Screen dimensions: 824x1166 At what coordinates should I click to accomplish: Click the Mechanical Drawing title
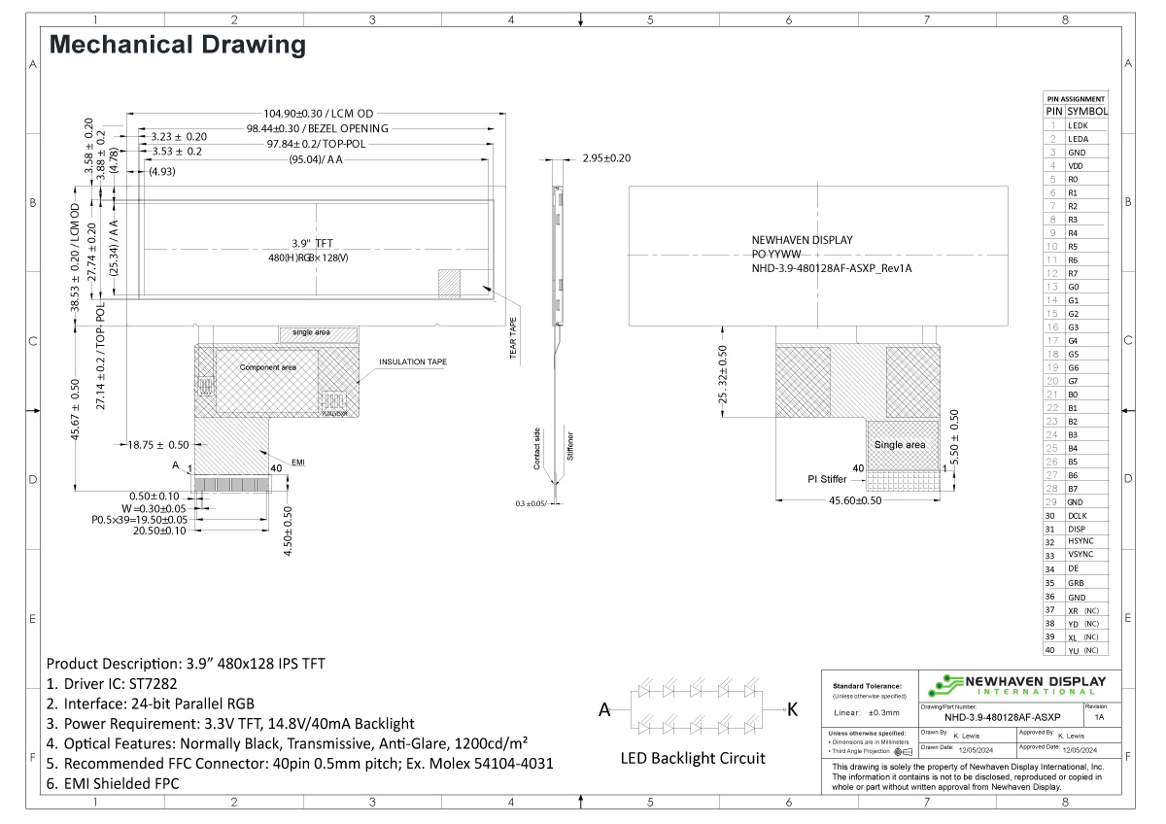pos(178,45)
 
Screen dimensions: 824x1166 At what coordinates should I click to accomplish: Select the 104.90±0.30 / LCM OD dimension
pos(319,113)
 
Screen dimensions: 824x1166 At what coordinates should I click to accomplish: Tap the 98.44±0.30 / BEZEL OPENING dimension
pos(317,128)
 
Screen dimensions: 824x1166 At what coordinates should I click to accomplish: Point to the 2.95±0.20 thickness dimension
pos(605,158)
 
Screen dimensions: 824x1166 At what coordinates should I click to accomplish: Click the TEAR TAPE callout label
pos(514,338)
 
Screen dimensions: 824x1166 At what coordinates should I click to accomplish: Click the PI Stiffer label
pos(827,479)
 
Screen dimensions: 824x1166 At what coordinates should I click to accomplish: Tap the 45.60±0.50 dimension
pos(855,501)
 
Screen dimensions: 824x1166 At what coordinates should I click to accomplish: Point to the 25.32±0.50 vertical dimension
pos(722,374)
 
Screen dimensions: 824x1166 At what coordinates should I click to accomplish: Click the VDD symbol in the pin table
pos(1076,166)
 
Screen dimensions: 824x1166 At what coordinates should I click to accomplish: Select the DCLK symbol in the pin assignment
pos(1078,515)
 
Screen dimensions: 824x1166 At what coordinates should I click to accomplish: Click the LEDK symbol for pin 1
pos(1078,125)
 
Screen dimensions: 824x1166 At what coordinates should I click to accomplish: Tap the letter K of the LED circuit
pos(791,710)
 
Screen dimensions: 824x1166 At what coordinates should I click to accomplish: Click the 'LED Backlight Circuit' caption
pos(693,758)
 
